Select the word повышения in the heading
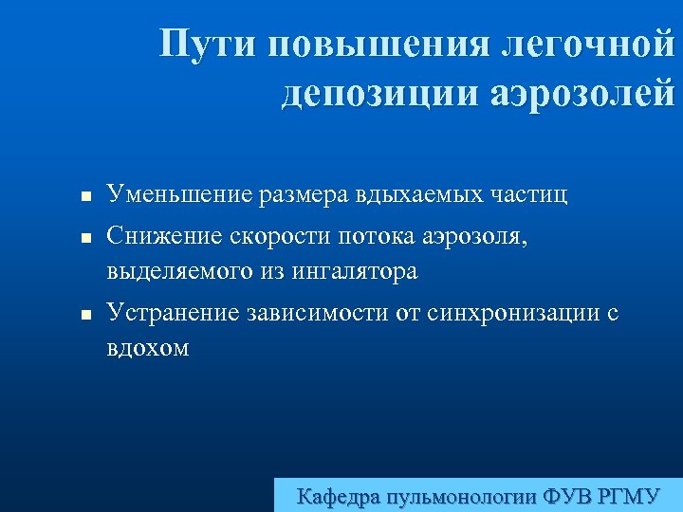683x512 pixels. click(375, 44)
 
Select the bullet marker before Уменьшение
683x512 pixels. click(84, 199)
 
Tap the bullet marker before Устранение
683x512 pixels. click(84, 316)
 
